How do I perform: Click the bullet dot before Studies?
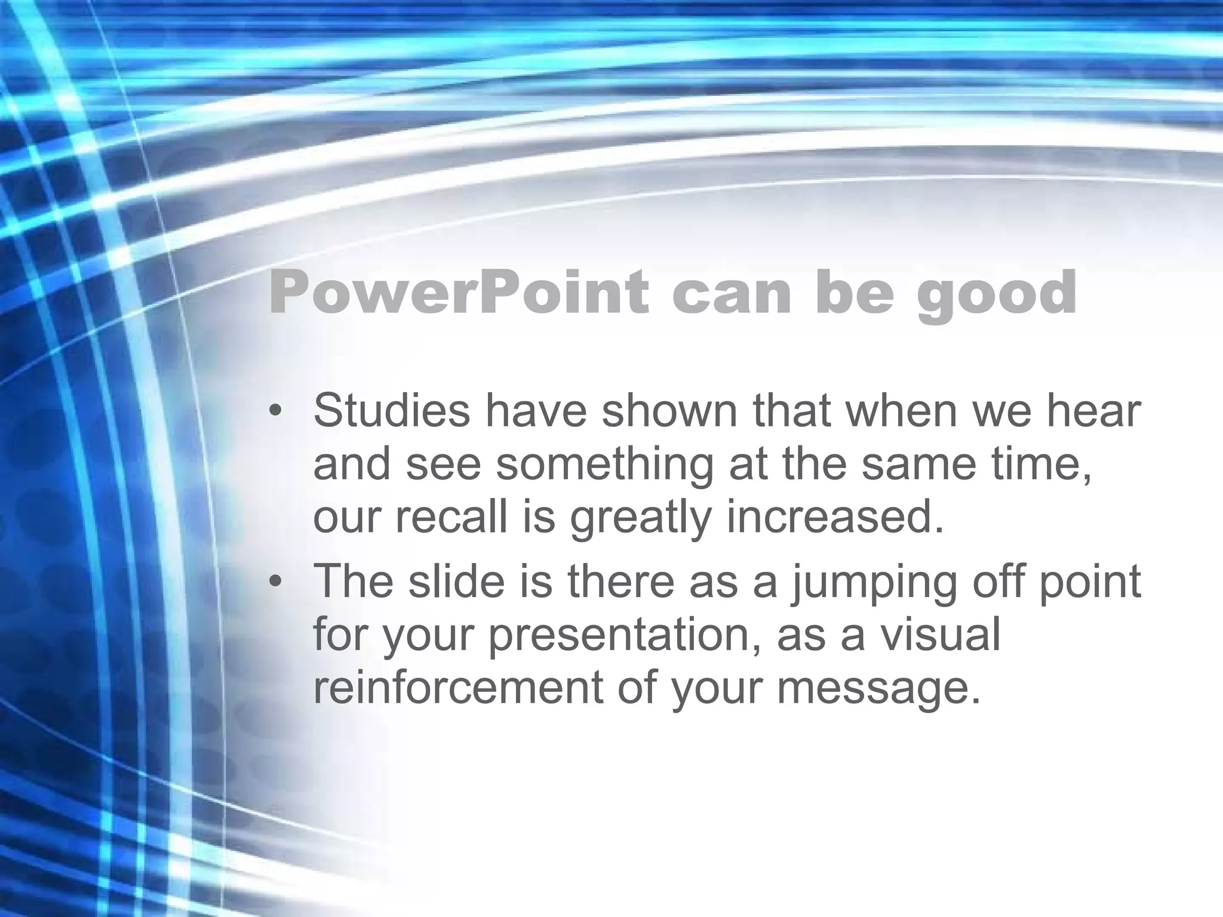point(275,411)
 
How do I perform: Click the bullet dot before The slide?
point(275,581)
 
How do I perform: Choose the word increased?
point(835,516)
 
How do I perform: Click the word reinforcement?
point(457,687)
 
